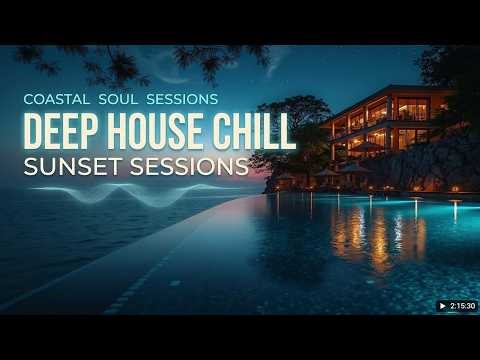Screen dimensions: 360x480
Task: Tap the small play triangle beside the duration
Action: (442, 304)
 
